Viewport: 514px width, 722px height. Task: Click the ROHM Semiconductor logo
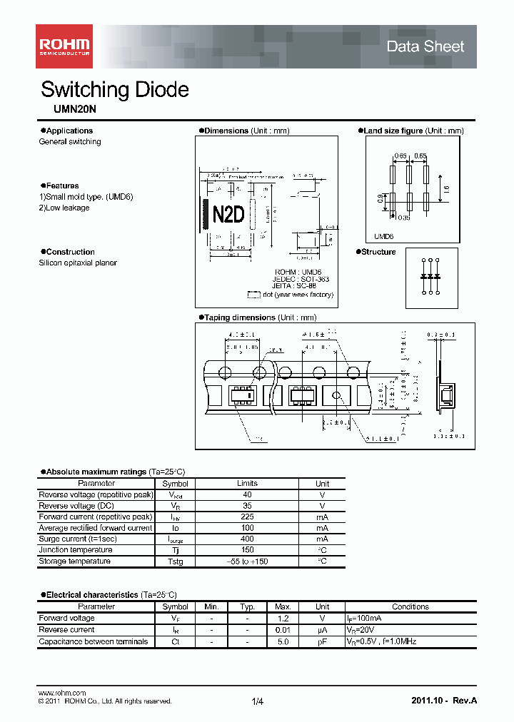click(x=64, y=46)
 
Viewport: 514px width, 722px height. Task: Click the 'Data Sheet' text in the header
click(x=425, y=46)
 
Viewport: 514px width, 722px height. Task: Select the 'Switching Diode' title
click(x=115, y=89)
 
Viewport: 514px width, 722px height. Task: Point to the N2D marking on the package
click(x=228, y=215)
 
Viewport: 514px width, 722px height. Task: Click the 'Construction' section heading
click(x=70, y=252)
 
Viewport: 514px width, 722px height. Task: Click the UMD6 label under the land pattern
click(x=384, y=236)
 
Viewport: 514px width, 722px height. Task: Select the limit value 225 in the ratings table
click(x=247, y=517)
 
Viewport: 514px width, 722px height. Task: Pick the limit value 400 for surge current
click(x=247, y=539)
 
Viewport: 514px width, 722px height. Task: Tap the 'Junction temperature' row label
click(x=76, y=550)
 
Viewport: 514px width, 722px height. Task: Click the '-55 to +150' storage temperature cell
click(x=247, y=561)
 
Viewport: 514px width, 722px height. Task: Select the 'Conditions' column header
click(x=410, y=606)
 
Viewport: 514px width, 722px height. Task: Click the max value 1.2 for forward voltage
click(x=283, y=618)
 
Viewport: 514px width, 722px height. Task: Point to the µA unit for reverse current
click(x=322, y=630)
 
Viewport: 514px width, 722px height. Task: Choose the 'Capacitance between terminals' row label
click(x=94, y=641)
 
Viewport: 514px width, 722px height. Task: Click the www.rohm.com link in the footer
click(x=61, y=693)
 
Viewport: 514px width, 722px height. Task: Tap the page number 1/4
click(x=258, y=701)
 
